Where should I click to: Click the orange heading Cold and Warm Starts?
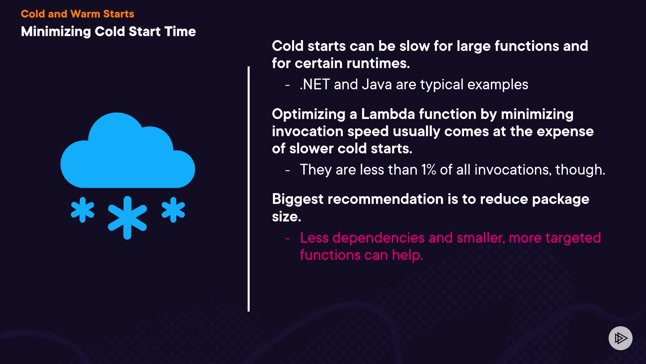coord(77,14)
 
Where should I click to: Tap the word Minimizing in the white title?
coord(56,32)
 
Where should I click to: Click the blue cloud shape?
coord(128,150)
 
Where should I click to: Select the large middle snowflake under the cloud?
coord(127,218)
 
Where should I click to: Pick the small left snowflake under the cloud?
coord(82,210)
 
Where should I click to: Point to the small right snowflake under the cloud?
coord(173,210)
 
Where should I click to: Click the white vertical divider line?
coord(249,189)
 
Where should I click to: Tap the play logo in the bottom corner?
coord(620,338)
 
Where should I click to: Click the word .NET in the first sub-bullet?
coord(315,85)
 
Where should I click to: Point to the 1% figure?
coord(429,170)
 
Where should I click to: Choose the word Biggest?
coord(298,200)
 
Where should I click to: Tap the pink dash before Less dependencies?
coord(287,239)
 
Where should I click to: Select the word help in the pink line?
coord(407,255)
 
